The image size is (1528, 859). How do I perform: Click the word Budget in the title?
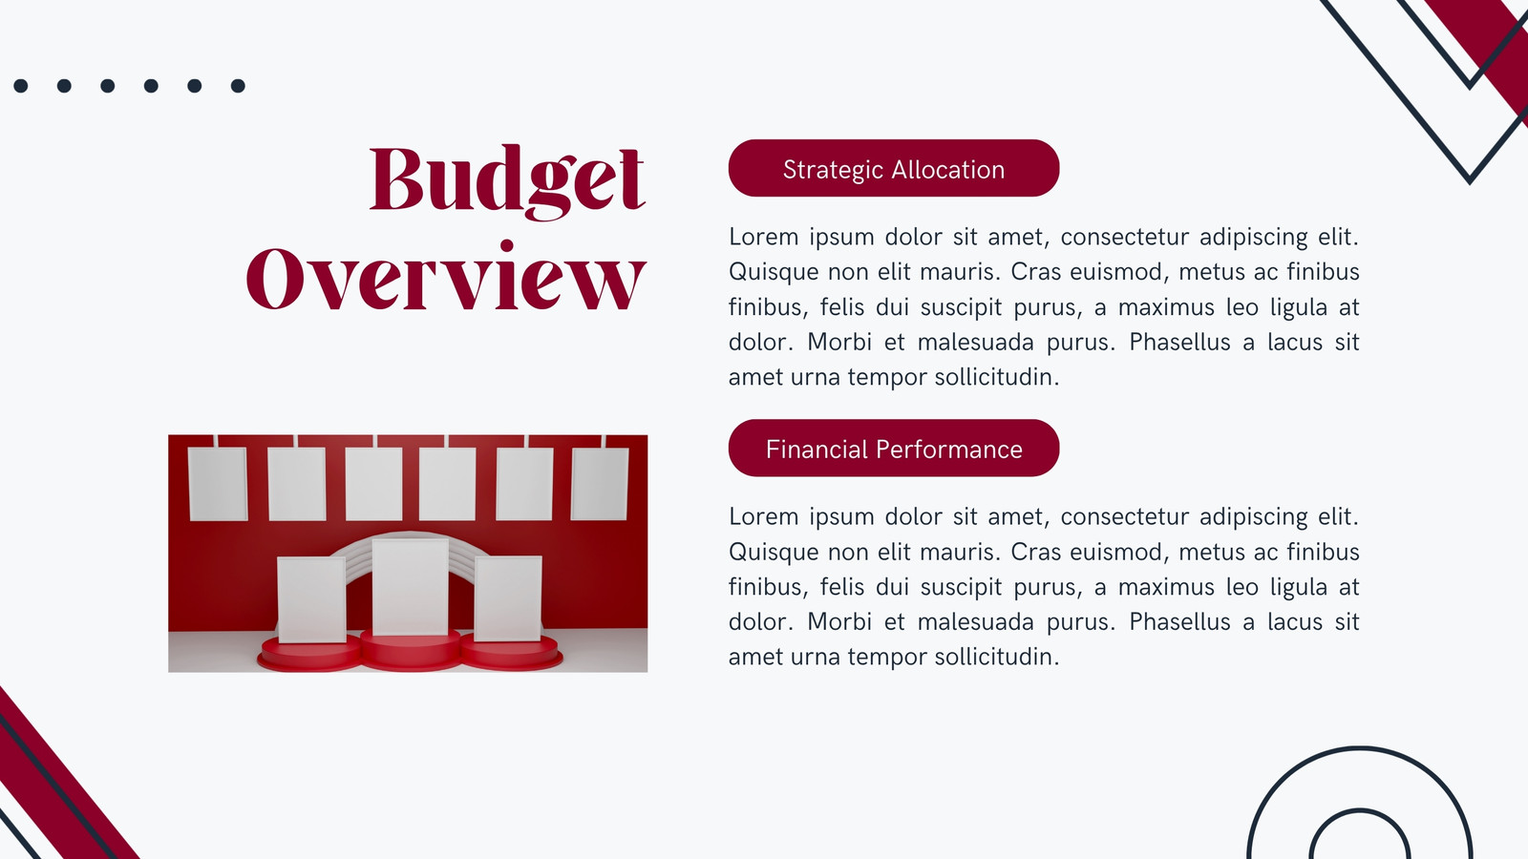point(507,181)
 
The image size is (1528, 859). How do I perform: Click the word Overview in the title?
point(446,276)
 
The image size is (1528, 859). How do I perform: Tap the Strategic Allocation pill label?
point(894,168)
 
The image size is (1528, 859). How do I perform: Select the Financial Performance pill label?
point(894,448)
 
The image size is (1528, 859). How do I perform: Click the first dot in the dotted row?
point(20,85)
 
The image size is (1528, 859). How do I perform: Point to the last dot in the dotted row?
point(238,85)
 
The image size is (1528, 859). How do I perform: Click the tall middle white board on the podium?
point(410,587)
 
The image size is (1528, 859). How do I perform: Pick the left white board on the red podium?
point(311,599)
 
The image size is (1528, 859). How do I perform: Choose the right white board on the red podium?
point(508,597)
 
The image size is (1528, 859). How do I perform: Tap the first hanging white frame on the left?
point(218,484)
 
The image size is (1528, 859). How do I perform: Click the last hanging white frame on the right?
point(600,483)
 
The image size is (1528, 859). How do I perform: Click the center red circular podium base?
point(411,650)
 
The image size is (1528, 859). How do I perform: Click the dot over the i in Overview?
point(507,245)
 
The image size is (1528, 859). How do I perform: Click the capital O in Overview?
point(274,279)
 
